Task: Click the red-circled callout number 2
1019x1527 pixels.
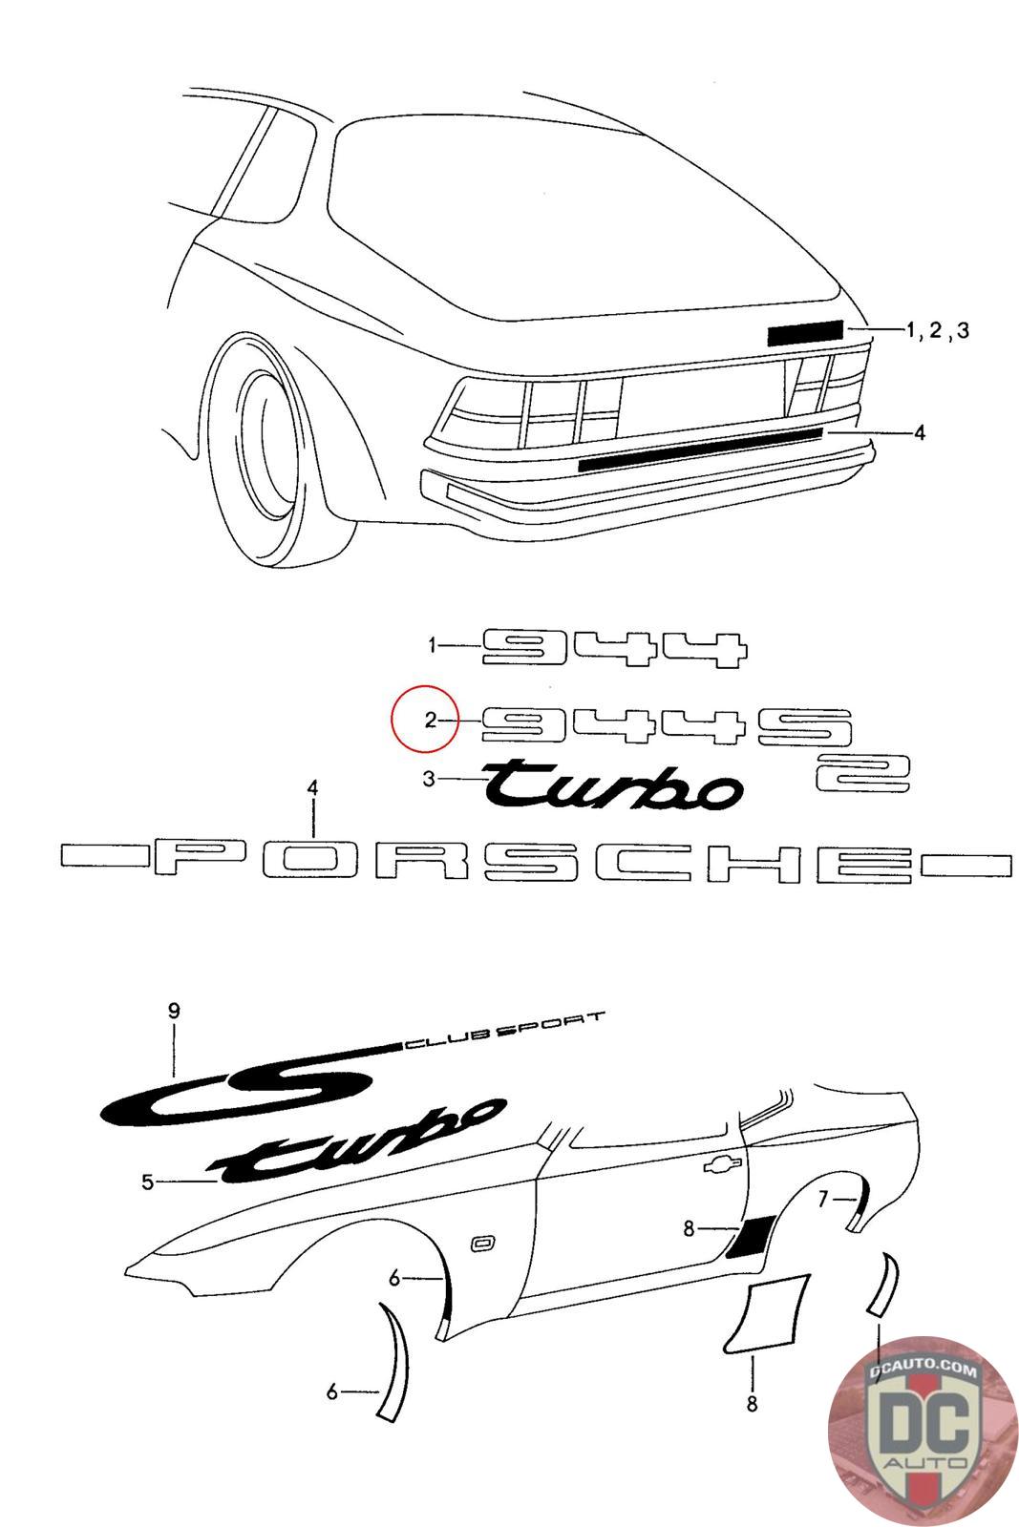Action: (x=430, y=721)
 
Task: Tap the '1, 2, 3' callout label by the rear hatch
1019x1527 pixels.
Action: (x=938, y=330)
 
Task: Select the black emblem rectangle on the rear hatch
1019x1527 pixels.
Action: (x=804, y=332)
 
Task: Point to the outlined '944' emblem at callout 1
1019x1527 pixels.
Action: (x=613, y=647)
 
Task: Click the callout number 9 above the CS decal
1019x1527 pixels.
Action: (x=174, y=1011)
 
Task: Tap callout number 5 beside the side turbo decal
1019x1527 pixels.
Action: (x=148, y=1182)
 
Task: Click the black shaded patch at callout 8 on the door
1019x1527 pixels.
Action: (x=751, y=1238)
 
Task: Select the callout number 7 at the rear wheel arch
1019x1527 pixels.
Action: (x=824, y=1199)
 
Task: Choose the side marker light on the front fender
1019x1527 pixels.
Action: (x=481, y=1243)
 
